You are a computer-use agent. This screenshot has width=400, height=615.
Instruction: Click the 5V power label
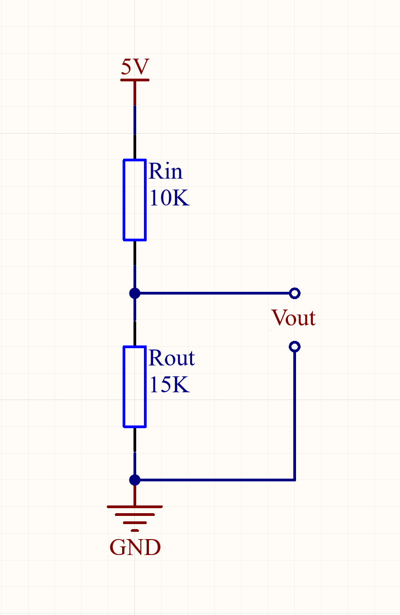tap(134, 67)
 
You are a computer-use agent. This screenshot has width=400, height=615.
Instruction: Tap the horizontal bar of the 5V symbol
tap(134, 80)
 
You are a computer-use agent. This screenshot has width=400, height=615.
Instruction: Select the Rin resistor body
tap(134, 200)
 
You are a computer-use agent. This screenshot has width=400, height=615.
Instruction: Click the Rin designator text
tap(165, 171)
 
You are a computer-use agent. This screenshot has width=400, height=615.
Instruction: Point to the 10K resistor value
tap(169, 198)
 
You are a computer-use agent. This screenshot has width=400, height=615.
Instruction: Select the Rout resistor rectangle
tap(134, 386)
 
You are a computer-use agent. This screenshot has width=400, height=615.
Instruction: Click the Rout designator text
tap(171, 358)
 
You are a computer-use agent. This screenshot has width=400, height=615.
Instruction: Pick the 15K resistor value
tap(169, 385)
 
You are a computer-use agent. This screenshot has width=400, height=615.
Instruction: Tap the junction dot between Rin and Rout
tap(134, 293)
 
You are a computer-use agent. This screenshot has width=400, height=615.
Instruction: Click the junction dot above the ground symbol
tap(134, 480)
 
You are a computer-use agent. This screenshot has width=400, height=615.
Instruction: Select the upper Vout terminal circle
tap(294, 293)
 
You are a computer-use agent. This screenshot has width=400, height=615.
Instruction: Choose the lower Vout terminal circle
tap(294, 347)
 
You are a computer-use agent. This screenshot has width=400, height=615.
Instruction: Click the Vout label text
tap(293, 318)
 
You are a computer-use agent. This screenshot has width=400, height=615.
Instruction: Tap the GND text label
tap(135, 548)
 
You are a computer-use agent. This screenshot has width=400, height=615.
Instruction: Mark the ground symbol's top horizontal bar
tap(134, 506)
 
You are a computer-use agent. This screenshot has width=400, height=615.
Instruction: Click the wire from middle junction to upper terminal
tap(213, 293)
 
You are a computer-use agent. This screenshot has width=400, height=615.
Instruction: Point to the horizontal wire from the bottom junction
tap(213, 480)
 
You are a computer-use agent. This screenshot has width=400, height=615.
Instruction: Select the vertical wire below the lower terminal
tap(295, 414)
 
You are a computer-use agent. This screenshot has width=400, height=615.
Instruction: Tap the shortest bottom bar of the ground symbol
tap(134, 530)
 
